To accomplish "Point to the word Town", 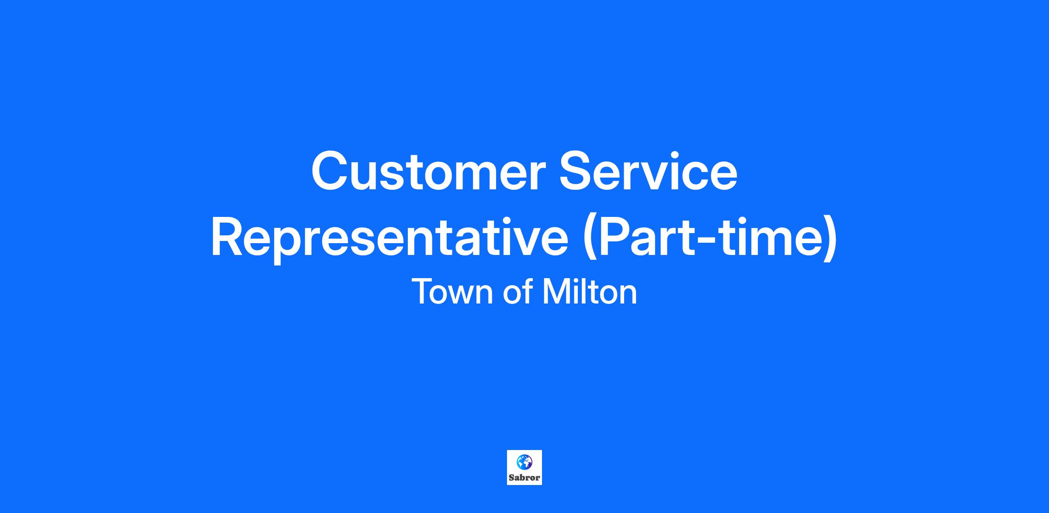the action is click(452, 292).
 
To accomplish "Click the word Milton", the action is click(590, 292).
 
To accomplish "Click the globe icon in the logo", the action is click(524, 461).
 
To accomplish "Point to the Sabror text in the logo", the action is click(524, 478).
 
